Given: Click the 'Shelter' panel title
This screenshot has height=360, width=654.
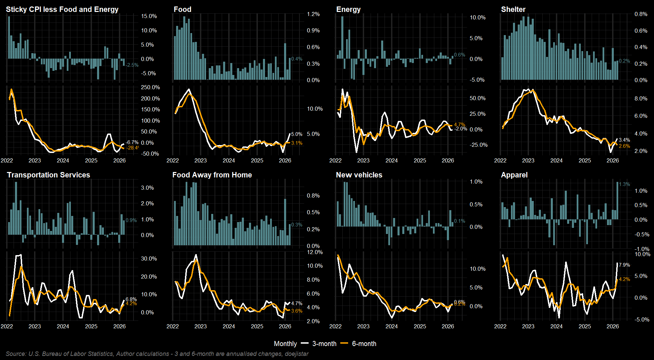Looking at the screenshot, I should click(x=513, y=10).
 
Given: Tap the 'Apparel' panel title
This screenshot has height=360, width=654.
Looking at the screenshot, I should click(x=514, y=175).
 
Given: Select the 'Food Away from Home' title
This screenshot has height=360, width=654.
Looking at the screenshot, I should click(x=212, y=175).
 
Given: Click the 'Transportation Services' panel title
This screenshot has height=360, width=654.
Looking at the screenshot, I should click(x=48, y=175).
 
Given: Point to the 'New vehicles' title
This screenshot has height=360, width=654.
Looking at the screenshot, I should click(x=359, y=175).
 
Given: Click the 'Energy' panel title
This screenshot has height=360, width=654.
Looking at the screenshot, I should click(x=348, y=10).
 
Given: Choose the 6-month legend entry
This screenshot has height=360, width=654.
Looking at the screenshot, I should click(x=364, y=344).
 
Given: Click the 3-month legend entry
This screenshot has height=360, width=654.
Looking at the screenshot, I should click(x=324, y=344).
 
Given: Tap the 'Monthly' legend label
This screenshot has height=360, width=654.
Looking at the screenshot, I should click(x=285, y=344).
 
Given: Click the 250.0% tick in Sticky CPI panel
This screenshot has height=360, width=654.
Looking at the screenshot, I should click(x=150, y=88).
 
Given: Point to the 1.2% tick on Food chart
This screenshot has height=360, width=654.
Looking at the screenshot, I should click(x=313, y=14).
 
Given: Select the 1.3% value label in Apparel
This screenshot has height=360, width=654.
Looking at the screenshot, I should click(x=624, y=184).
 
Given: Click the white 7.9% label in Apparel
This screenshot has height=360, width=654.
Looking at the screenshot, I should click(x=624, y=265).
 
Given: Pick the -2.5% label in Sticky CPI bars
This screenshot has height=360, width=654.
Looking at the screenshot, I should click(x=132, y=65).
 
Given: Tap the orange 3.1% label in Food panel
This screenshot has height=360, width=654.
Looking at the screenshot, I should click(x=297, y=143).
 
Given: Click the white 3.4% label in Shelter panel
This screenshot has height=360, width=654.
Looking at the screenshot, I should click(x=624, y=140).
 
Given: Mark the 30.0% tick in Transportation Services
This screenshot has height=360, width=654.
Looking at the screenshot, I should click(x=149, y=259).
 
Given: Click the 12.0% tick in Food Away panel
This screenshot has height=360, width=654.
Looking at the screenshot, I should click(x=315, y=252).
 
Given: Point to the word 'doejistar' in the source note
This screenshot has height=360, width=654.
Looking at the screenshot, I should click(x=297, y=354).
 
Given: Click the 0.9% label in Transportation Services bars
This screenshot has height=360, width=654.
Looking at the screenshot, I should click(x=131, y=220).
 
